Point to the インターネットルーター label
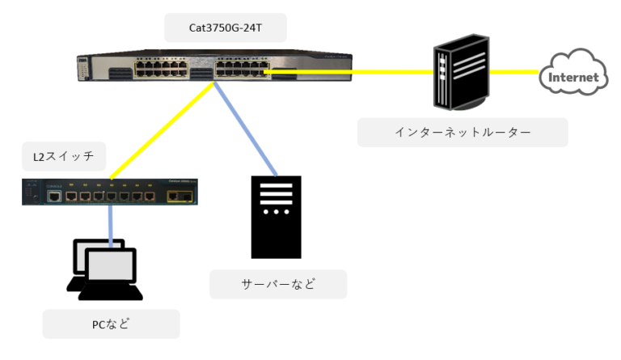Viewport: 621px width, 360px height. pyautogui.click(x=463, y=133)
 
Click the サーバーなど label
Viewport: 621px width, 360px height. pyautogui.click(x=277, y=284)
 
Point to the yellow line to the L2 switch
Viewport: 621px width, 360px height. pyautogui.click(x=162, y=129)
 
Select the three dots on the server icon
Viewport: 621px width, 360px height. pyautogui.click(x=277, y=212)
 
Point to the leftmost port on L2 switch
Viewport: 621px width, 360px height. pyautogui.click(x=53, y=195)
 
